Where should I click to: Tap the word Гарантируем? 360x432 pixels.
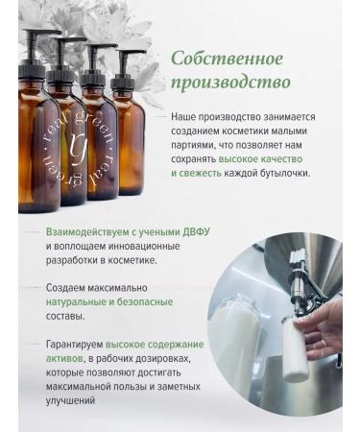pos(74,343)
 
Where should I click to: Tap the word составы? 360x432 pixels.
pos(65,315)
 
